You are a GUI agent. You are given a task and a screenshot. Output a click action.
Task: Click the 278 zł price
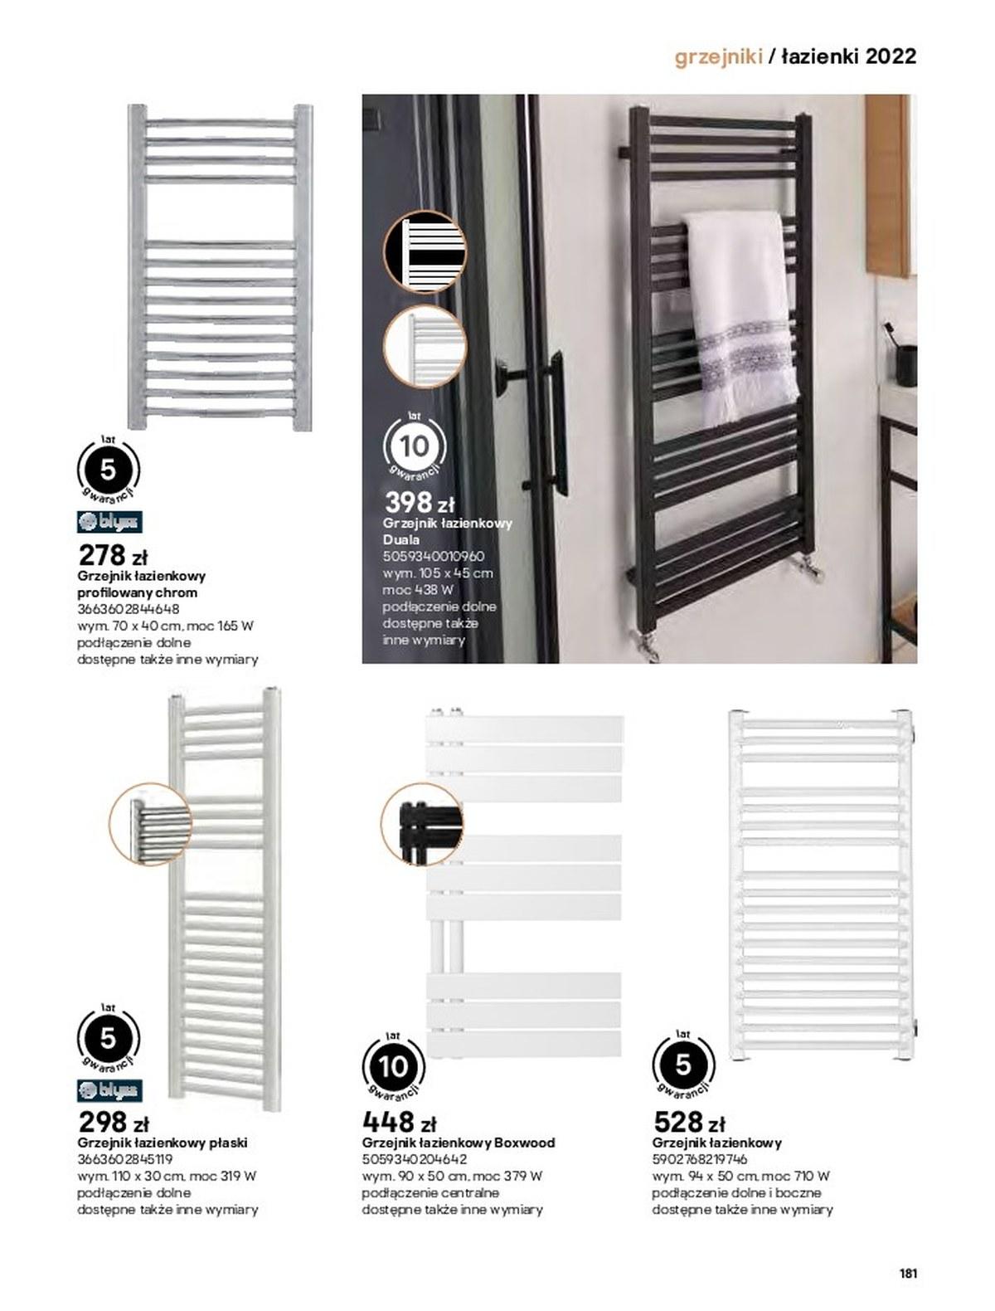pyautogui.click(x=112, y=555)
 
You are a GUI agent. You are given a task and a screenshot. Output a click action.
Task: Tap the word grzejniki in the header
pyautogui.click(x=719, y=57)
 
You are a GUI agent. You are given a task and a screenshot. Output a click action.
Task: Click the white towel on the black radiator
pyautogui.click(x=740, y=317)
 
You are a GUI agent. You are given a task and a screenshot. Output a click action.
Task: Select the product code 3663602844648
pyautogui.click(x=129, y=609)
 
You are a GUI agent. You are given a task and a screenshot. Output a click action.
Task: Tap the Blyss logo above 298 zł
pyautogui.click(x=109, y=1090)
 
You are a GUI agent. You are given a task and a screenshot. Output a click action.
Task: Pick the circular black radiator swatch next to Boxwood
pyautogui.click(x=421, y=825)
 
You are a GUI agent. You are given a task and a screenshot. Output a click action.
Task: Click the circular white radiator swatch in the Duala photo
pyautogui.click(x=425, y=346)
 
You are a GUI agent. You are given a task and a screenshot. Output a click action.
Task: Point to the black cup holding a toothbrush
pyautogui.click(x=906, y=364)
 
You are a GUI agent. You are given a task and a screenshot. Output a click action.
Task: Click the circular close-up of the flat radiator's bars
pyautogui.click(x=150, y=824)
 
